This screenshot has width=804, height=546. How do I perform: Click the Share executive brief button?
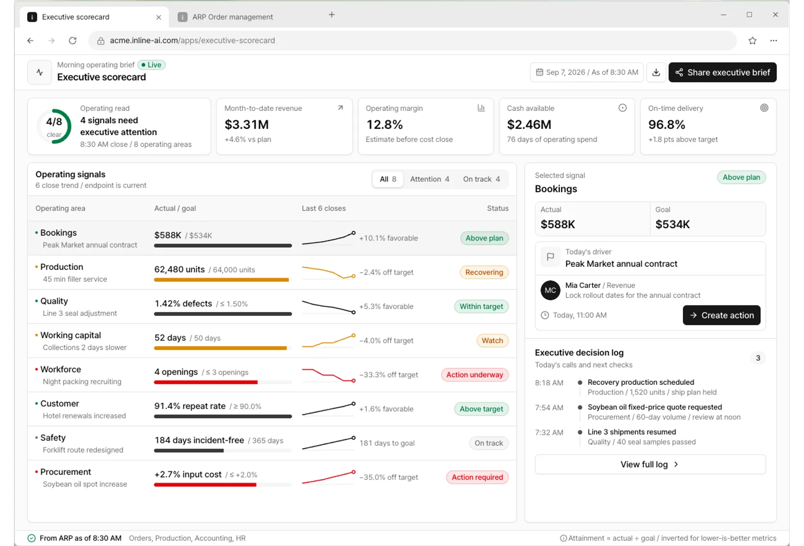point(722,73)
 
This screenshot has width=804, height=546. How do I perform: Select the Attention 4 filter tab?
point(429,179)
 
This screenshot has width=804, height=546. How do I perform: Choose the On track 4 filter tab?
point(481,179)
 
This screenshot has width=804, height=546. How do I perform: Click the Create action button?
point(722,315)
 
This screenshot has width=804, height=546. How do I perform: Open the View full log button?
point(650,465)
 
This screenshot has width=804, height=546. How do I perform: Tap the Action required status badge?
point(477,477)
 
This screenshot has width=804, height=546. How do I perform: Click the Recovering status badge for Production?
point(484,272)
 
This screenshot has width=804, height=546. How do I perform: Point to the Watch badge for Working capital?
point(492,340)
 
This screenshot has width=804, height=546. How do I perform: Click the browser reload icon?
point(73,41)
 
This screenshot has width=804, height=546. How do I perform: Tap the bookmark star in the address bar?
point(752,41)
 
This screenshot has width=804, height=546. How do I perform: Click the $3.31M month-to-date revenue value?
point(246,125)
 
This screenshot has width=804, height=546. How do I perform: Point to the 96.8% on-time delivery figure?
point(666,125)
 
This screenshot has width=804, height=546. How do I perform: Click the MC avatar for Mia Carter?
point(550,290)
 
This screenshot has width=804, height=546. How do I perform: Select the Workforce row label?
point(61,369)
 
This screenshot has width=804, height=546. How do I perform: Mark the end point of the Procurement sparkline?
point(354,472)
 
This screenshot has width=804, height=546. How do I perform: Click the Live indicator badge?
point(151,65)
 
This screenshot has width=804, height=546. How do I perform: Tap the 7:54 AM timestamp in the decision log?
point(549,407)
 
